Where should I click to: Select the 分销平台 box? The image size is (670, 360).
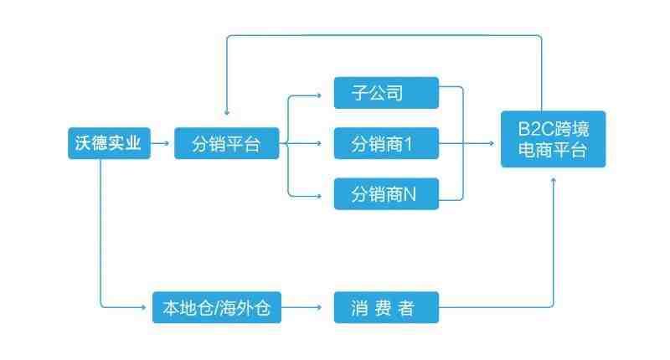tap(226, 143)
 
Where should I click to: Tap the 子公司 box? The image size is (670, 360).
tap(385, 92)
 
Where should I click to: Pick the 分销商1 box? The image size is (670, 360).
tap(385, 144)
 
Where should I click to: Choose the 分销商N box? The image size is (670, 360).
tap(385, 195)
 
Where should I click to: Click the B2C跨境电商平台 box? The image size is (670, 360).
tap(553, 139)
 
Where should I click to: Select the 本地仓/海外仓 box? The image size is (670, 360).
tap(216, 308)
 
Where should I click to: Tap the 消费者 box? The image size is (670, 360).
tap(385, 308)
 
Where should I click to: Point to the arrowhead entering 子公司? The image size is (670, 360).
tap(319, 94)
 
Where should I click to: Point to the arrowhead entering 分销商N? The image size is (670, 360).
tap(319, 195)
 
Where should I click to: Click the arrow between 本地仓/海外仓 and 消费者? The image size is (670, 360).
tap(305, 308)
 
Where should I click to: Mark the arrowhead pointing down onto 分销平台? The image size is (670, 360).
tap(227, 113)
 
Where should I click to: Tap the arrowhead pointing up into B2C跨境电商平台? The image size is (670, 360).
tap(554, 182)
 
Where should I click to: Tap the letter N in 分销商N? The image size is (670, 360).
tap(410, 196)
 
